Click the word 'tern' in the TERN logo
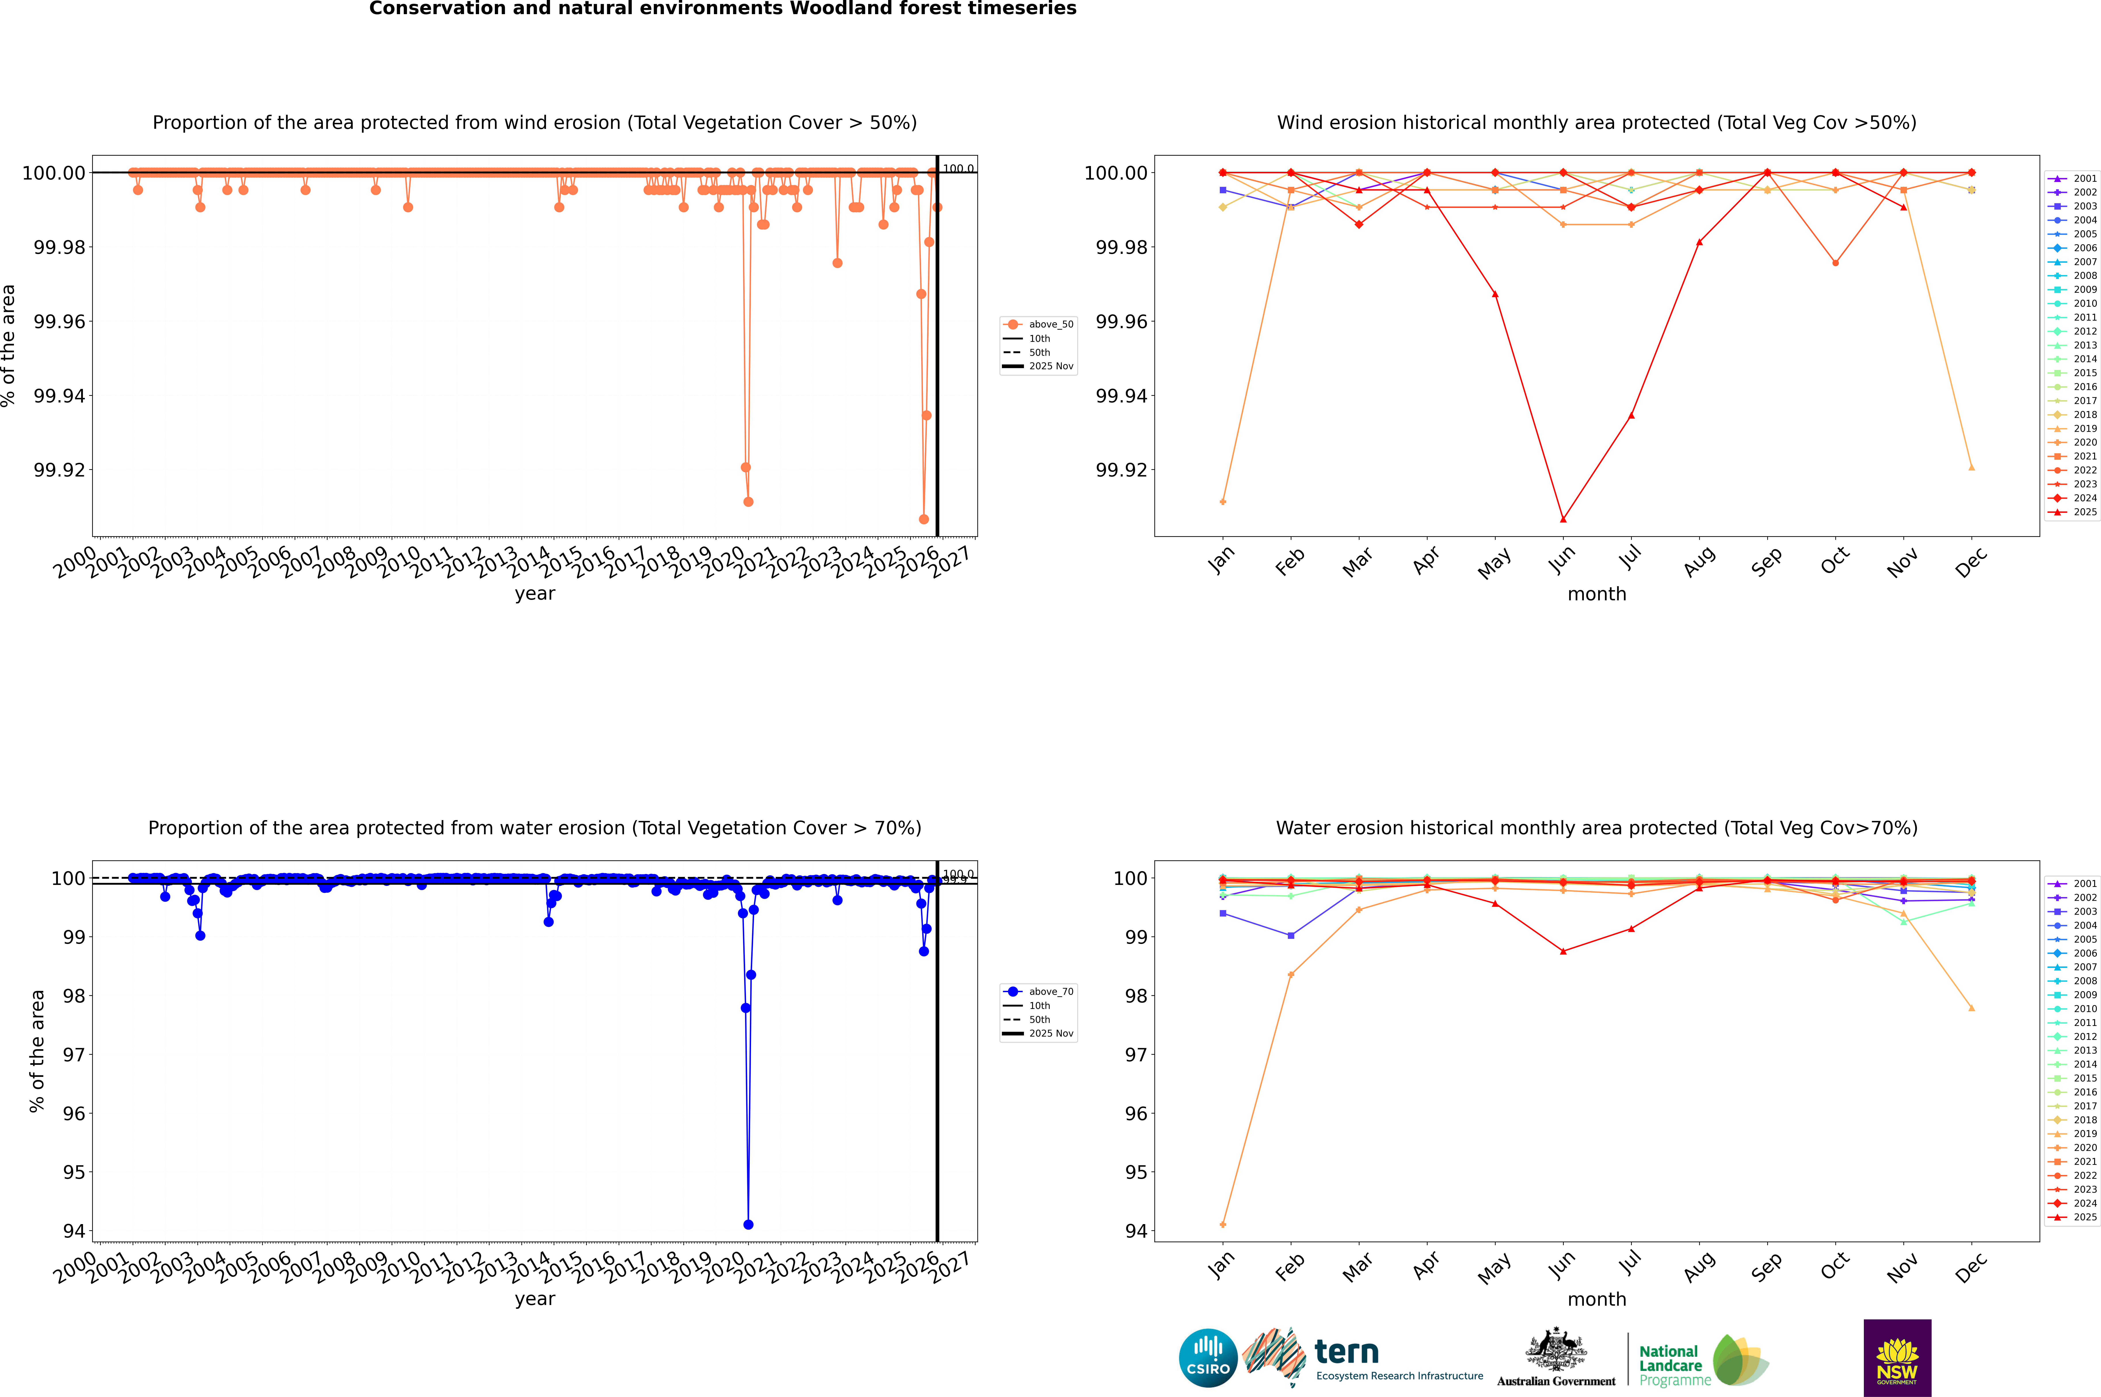coord(1347,1353)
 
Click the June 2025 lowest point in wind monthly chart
coord(1563,519)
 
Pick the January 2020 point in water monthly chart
coord(1223,1224)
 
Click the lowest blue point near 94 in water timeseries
coord(748,1224)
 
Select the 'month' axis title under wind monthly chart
coord(1597,594)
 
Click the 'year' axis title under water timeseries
coord(534,1299)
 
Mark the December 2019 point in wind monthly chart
coord(1971,467)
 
